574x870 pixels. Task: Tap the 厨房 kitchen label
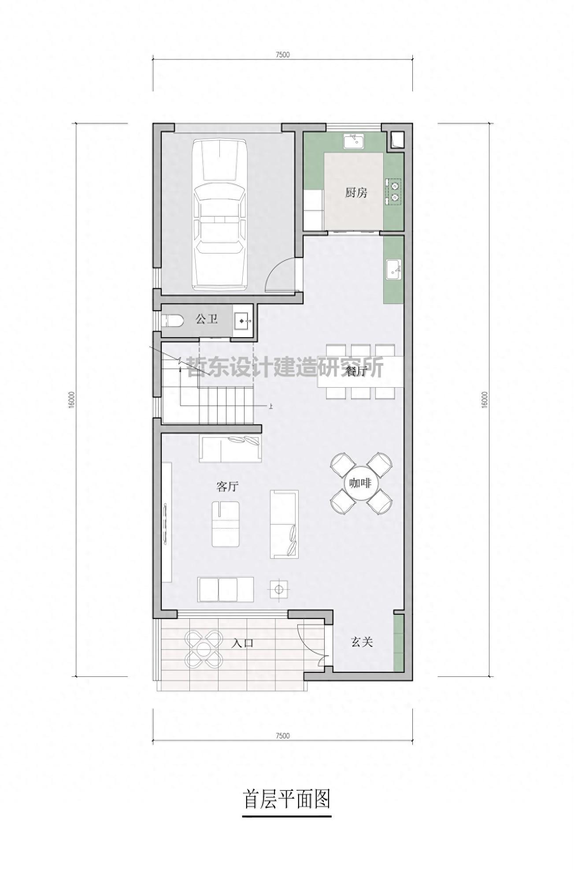tap(356, 192)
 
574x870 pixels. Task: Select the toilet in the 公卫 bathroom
tap(172, 320)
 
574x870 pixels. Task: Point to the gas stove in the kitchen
tap(394, 191)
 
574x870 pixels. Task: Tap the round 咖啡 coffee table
tap(361, 483)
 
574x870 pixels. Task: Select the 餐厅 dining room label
tap(356, 371)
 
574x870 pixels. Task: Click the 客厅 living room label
tap(227, 486)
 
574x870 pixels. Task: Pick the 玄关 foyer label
tap(362, 642)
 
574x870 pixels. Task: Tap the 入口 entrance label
tap(243, 643)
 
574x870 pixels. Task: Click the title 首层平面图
tap(287, 799)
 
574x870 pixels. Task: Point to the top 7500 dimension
tap(282, 55)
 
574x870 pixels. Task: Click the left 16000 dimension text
tap(71, 400)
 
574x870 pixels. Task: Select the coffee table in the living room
tap(226, 524)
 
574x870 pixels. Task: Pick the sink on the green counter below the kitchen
tap(393, 269)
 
